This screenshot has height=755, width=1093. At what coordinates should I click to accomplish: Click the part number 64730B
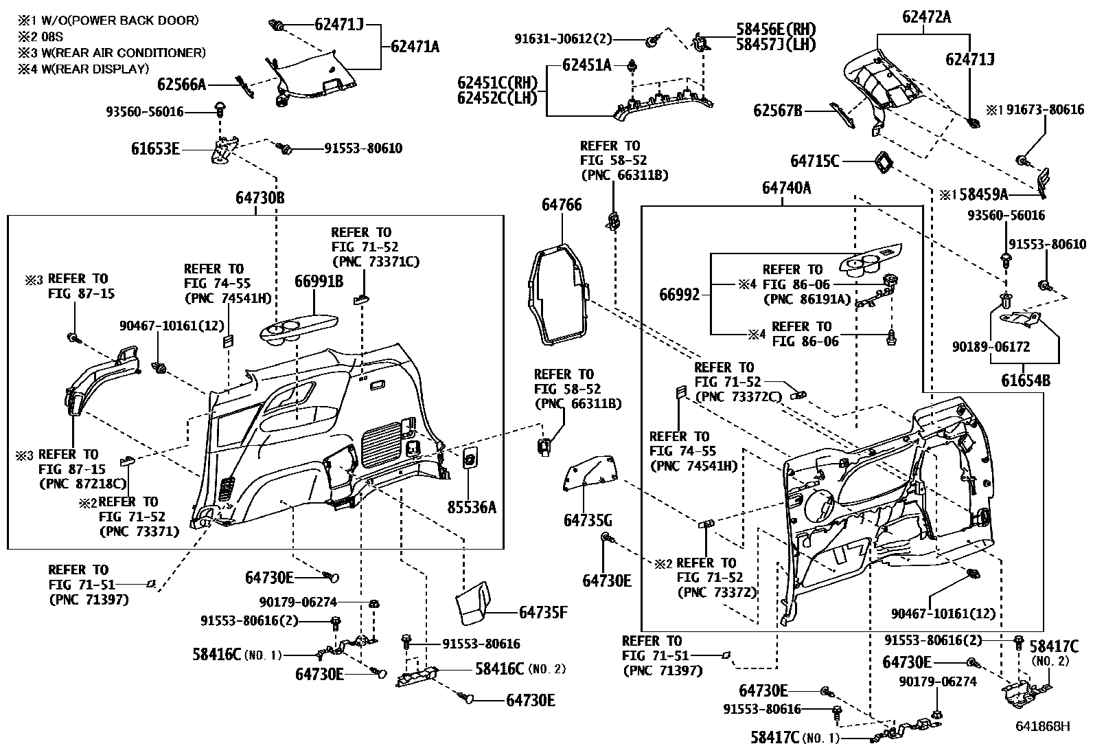click(x=260, y=199)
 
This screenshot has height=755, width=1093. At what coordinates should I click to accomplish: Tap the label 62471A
click(x=415, y=47)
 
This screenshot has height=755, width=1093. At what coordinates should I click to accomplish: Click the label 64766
click(x=561, y=205)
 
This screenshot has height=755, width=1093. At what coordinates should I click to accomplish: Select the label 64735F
click(x=543, y=612)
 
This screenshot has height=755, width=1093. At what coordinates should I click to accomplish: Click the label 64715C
click(x=815, y=161)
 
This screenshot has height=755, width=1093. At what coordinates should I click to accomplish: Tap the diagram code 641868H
click(x=1043, y=726)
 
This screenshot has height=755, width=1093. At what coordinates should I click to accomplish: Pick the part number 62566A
click(x=181, y=84)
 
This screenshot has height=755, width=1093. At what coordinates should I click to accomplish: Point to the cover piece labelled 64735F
click(x=474, y=605)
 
